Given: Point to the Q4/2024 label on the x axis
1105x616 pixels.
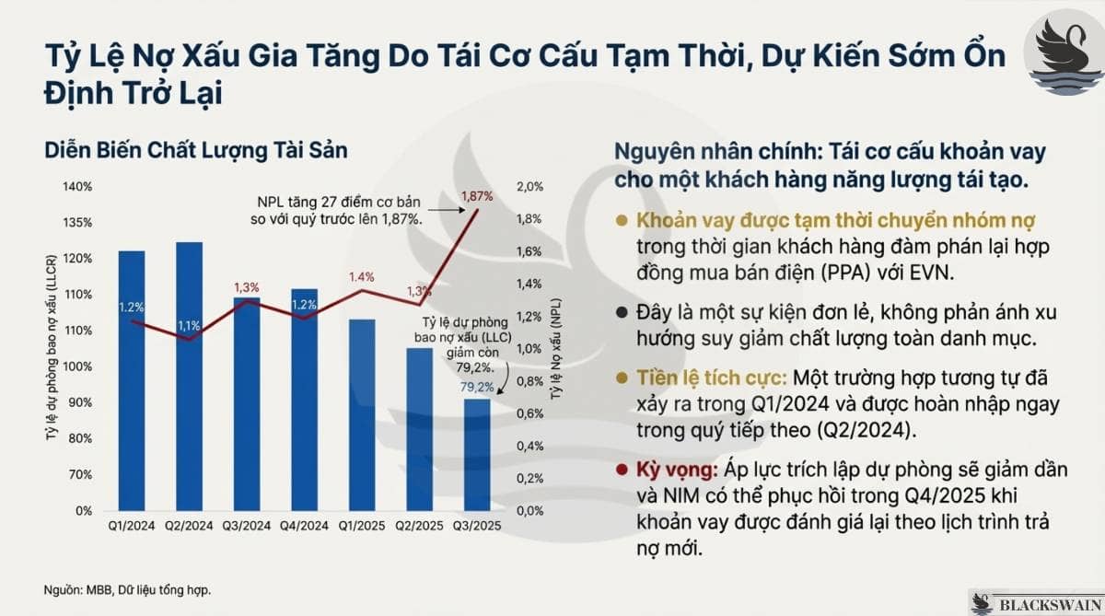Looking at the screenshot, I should click(304, 526).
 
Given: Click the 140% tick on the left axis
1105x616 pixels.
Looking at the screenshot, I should click(77, 187).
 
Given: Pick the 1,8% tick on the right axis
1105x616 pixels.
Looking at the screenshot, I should click(530, 219).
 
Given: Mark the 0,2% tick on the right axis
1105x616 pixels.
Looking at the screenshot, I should click(530, 478).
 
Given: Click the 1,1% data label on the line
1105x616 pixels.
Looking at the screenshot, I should click(190, 325).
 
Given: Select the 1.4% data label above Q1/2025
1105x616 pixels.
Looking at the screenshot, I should click(361, 276).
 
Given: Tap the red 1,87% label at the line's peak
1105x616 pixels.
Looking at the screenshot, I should click(477, 196).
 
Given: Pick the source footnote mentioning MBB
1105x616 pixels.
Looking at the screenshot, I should click(127, 589).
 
